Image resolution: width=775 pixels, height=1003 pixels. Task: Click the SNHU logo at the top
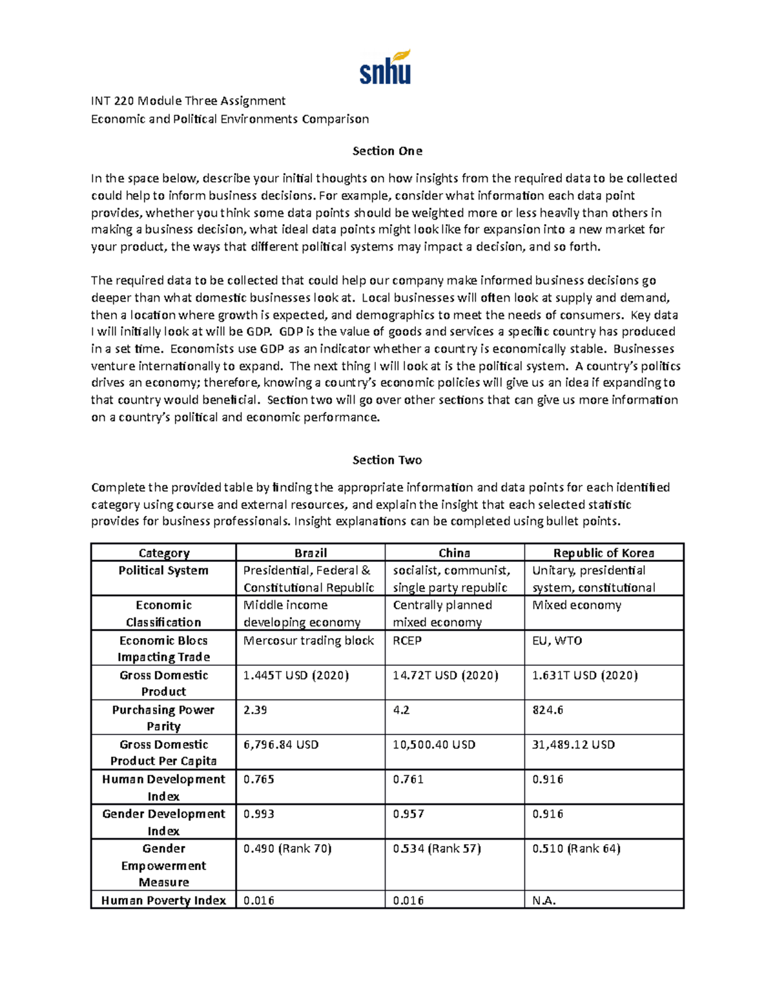click(x=385, y=68)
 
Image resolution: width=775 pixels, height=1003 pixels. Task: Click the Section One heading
click(x=387, y=151)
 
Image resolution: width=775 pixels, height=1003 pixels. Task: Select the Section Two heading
click(x=387, y=460)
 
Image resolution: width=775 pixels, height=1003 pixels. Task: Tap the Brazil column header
click(x=311, y=553)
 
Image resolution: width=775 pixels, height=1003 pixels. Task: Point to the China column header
click(x=454, y=553)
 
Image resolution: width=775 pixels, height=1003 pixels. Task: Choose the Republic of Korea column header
click(x=603, y=553)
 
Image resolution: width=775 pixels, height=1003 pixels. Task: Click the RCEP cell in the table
click(x=407, y=641)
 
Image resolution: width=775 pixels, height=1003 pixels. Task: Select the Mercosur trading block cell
click(x=309, y=641)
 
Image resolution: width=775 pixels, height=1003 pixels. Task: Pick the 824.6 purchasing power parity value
click(x=548, y=710)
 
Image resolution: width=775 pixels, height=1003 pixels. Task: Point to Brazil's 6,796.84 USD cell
click(x=281, y=745)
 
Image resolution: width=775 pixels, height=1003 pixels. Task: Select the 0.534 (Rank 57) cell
click(x=437, y=849)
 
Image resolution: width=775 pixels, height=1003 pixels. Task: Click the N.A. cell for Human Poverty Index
click(x=544, y=900)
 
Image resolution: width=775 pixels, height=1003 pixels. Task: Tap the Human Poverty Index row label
click(x=163, y=900)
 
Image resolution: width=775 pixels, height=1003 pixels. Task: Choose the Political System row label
click(x=163, y=570)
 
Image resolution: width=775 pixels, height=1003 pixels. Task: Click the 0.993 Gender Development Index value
click(x=258, y=814)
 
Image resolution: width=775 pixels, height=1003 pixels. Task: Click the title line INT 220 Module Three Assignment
click(x=188, y=101)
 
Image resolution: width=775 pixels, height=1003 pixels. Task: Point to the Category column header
click(x=163, y=553)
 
